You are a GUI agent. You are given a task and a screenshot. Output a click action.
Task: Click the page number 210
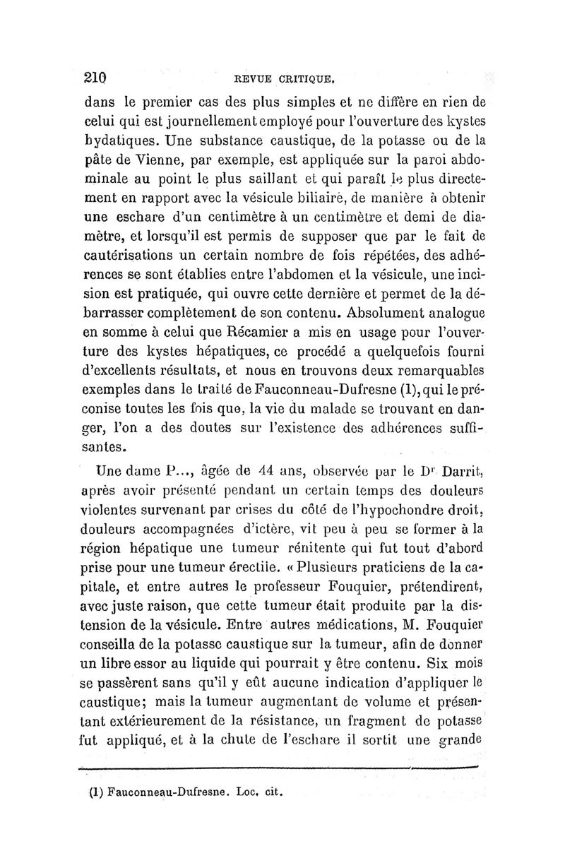(95, 77)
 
